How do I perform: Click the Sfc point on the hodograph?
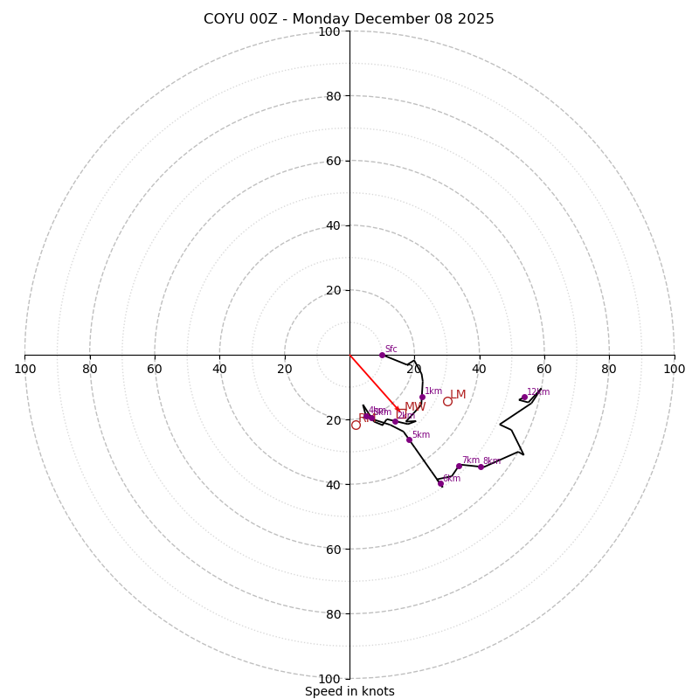382,355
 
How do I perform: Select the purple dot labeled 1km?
422,397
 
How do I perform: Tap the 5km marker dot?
409,439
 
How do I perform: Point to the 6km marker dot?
440,483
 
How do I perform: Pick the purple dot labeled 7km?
459,466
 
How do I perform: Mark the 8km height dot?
481,467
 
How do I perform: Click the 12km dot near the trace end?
524,398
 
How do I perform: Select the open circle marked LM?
447,401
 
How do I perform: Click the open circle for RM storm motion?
356,425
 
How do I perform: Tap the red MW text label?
415,407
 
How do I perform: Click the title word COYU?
225,19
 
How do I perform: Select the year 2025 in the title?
475,19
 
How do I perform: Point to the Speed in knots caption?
349,691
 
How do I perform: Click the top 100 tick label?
329,31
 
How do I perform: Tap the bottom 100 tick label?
329,678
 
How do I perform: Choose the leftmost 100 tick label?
25,369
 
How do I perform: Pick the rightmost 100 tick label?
674,369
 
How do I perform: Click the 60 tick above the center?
333,161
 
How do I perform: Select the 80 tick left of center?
90,369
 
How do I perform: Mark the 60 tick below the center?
333,549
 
